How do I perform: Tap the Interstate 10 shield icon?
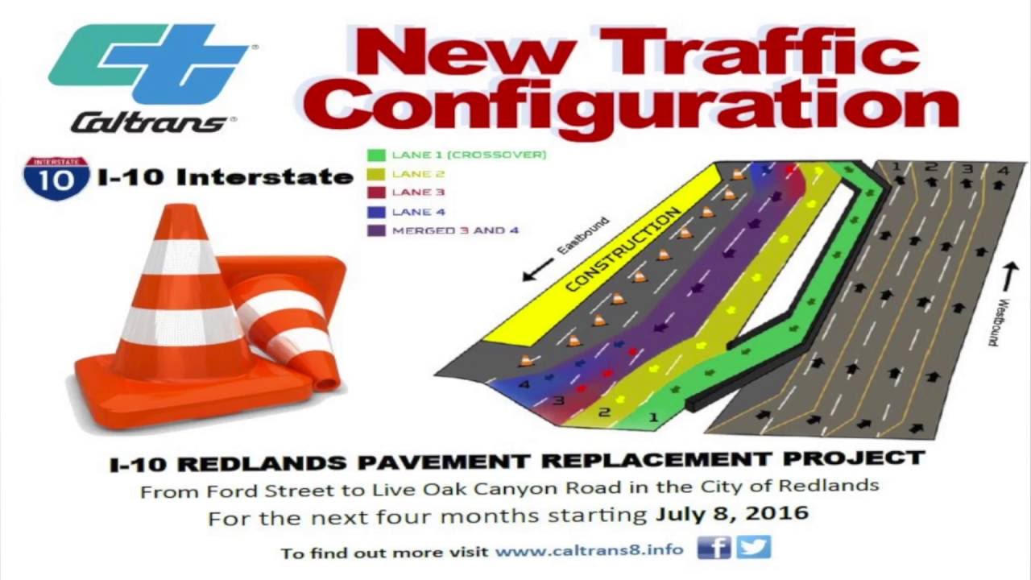[x=56, y=177]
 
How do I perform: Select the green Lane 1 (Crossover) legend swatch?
[x=375, y=154]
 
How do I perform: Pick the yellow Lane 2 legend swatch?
[x=375, y=173]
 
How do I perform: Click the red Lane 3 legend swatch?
[x=375, y=193]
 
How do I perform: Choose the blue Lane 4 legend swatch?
[x=375, y=212]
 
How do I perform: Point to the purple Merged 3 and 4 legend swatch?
[x=375, y=230]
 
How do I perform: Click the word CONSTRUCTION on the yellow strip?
[x=623, y=251]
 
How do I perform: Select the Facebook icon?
[x=714, y=548]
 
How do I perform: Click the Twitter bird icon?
[x=753, y=548]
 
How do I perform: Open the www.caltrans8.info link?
[x=589, y=551]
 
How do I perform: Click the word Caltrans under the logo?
[x=150, y=122]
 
